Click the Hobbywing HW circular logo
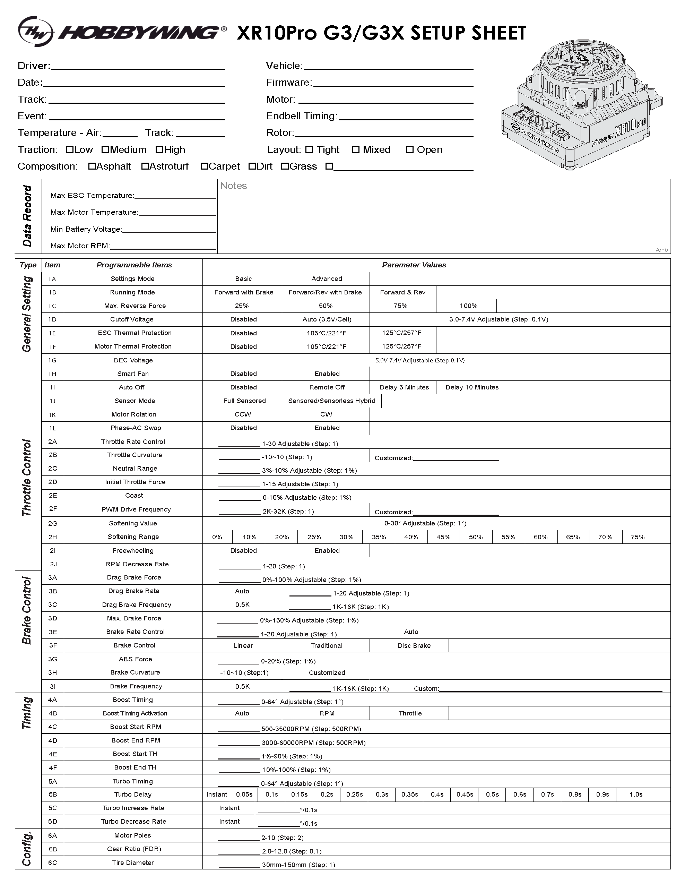35,32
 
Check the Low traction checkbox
69,150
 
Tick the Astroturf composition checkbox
145,166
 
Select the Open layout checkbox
409,150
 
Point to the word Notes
233,186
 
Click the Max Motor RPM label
80,246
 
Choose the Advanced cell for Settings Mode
327,279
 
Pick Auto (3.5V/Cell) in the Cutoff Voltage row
327,319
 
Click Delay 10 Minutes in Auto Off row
472,387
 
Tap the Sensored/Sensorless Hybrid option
331,401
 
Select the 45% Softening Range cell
443,537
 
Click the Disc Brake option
414,646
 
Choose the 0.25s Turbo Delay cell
354,795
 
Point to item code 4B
53,713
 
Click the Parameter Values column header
414,265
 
